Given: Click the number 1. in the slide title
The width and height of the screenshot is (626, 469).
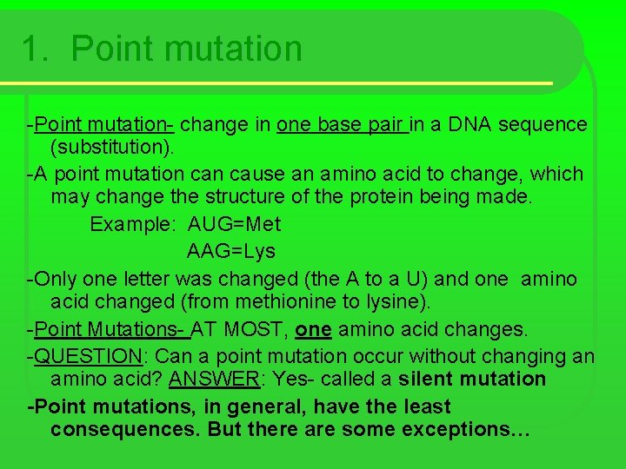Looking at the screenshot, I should [37, 49].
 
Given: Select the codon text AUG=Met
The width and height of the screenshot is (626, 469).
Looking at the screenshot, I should [235, 224].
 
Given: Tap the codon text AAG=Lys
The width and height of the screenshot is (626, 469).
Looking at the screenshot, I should [230, 251].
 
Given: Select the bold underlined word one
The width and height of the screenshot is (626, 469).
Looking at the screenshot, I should [313, 329].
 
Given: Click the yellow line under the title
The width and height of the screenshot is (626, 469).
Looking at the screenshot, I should [278, 83].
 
